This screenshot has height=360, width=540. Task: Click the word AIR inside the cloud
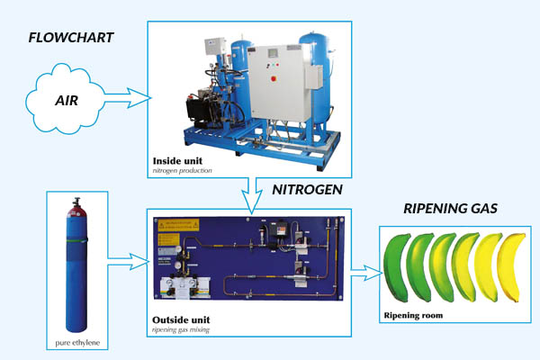(x=65, y=100)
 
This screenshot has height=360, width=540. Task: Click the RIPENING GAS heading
(x=450, y=209)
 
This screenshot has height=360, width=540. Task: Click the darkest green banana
(x=398, y=267)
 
